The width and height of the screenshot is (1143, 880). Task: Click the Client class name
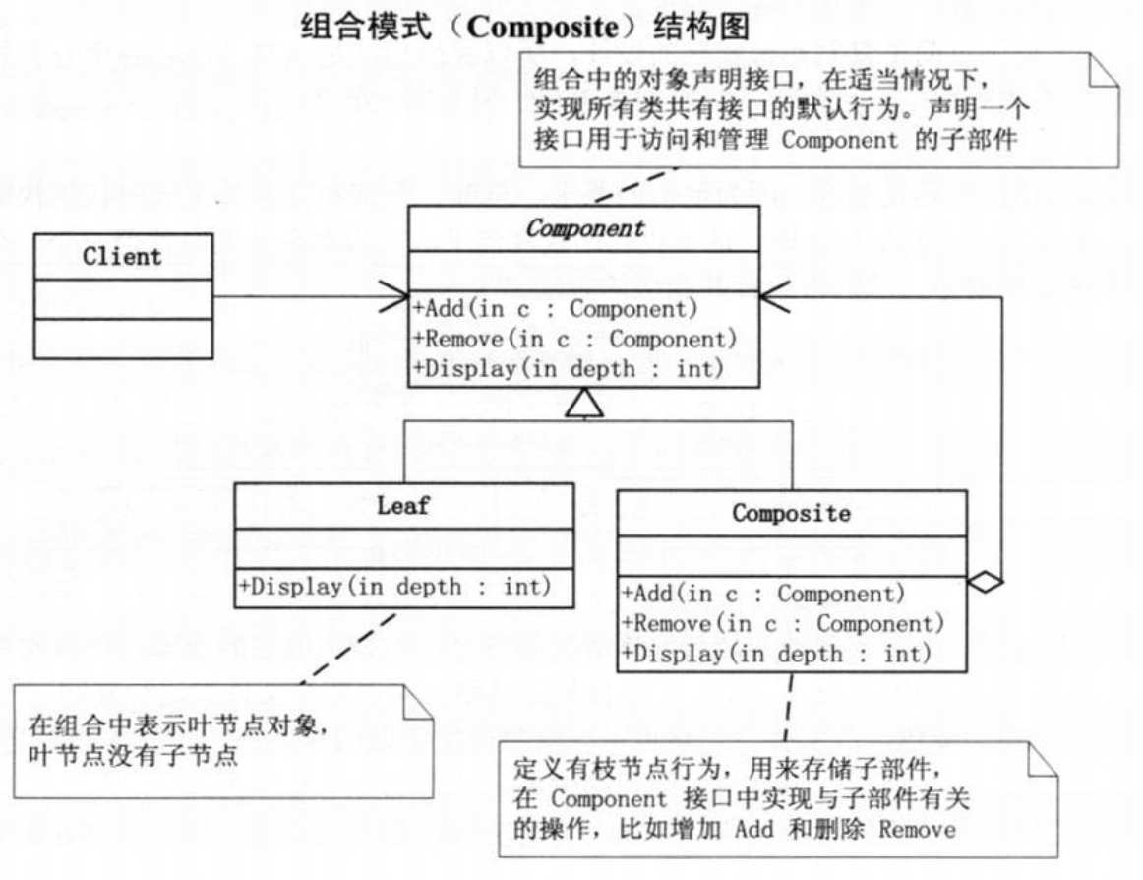coord(122,257)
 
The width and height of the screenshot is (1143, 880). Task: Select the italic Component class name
coord(585,228)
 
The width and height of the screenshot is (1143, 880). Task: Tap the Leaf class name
coord(403,506)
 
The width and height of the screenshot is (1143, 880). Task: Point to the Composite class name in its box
coord(792,513)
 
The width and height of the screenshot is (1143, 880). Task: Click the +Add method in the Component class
coord(556,309)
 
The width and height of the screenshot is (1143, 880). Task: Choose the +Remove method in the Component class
coord(575,339)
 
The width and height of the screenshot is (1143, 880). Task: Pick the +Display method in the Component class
coord(569,368)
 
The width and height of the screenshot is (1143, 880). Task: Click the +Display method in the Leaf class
coord(395,587)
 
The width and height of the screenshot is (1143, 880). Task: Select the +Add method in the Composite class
coord(763,594)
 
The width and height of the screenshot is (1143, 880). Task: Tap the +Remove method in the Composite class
coord(783,623)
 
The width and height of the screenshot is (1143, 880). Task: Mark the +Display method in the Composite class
coord(776,653)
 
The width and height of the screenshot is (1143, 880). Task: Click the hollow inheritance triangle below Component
coord(584,403)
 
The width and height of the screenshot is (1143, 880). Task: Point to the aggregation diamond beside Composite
coord(986,582)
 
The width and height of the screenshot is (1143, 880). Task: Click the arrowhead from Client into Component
coord(394,296)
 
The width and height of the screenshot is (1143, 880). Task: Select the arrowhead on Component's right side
coord(774,296)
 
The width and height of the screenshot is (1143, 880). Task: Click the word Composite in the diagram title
coord(542,28)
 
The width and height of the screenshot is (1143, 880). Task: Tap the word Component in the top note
coord(840,139)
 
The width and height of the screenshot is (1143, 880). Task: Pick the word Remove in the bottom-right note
coord(917,830)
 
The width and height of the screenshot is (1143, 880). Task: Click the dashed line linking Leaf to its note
coord(348,648)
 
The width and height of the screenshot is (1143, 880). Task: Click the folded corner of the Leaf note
coord(418,701)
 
